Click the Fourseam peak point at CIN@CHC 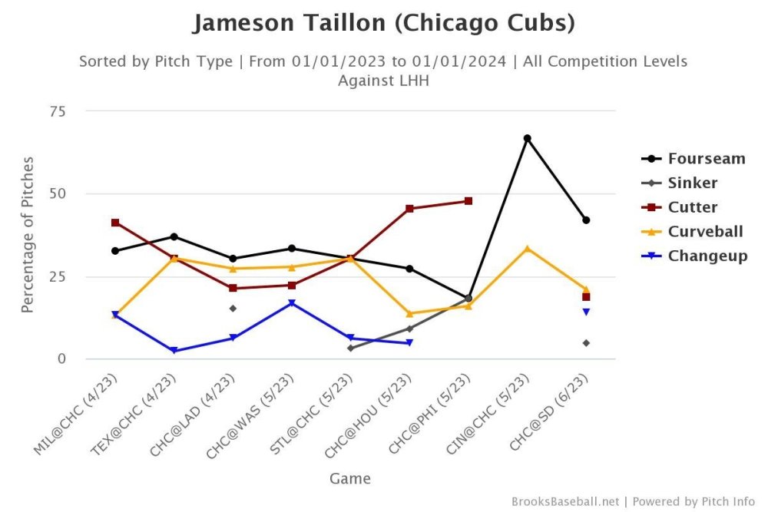coord(527,138)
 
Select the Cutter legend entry coord(692,207)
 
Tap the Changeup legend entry coord(707,256)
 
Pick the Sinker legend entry coord(692,183)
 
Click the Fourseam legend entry coord(706,159)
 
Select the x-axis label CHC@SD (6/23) coord(552,411)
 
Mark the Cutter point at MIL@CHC coord(115,223)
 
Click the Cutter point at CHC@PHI coord(468,201)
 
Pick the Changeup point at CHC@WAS coord(292,303)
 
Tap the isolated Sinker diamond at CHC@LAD coord(233,309)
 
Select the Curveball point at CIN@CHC coord(527,248)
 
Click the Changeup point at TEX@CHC coord(174,351)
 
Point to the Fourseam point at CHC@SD coord(586,220)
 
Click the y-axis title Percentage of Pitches coord(28,234)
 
